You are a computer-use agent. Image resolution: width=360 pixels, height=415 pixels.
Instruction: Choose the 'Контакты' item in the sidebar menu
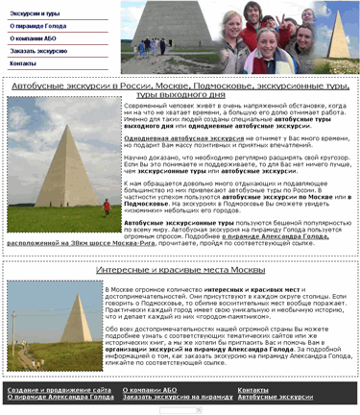coord(22,62)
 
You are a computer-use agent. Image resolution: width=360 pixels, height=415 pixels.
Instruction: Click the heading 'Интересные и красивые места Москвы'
coord(180,272)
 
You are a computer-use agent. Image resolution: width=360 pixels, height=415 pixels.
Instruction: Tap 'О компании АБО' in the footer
coord(150,389)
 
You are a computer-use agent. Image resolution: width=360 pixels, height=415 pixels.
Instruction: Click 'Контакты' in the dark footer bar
coord(252,389)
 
